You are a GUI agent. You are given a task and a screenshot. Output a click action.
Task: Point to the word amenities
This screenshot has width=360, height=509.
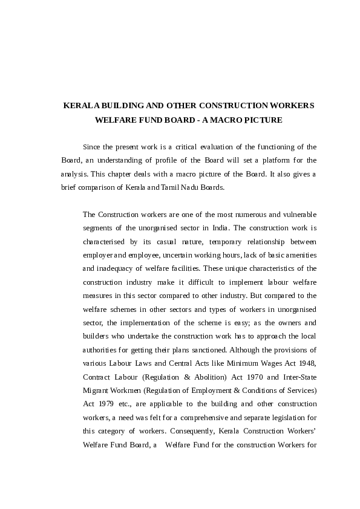[301, 254]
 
